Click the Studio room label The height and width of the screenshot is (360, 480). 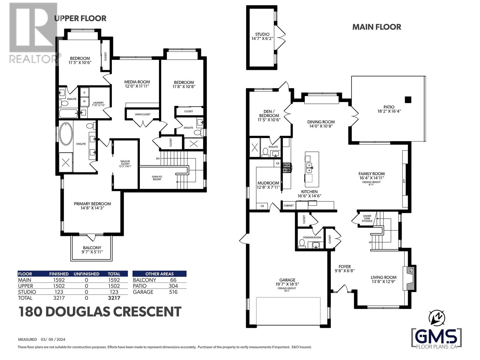coord(262,34)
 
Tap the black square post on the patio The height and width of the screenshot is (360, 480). coord(408,100)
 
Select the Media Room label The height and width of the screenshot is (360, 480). coord(137,82)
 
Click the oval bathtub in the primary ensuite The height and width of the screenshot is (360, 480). coord(66,134)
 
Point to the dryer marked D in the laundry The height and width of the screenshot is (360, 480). coord(84,93)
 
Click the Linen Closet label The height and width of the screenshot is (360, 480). coord(142,114)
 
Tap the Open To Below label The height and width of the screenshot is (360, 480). coord(157,178)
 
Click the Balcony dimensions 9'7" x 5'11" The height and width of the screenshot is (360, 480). coord(92,252)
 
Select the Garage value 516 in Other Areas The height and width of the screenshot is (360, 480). coord(173,292)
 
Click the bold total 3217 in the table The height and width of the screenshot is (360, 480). coord(114,298)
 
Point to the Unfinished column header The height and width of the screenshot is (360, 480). coord(86,274)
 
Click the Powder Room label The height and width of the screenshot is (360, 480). coord(312,237)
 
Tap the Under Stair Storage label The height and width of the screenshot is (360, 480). coord(367,218)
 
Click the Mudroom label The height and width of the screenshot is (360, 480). coord(268,183)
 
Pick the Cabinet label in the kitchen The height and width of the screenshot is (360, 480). coord(288,205)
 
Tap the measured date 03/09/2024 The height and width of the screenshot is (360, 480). coord(53,340)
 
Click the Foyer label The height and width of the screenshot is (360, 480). coord(345,266)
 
